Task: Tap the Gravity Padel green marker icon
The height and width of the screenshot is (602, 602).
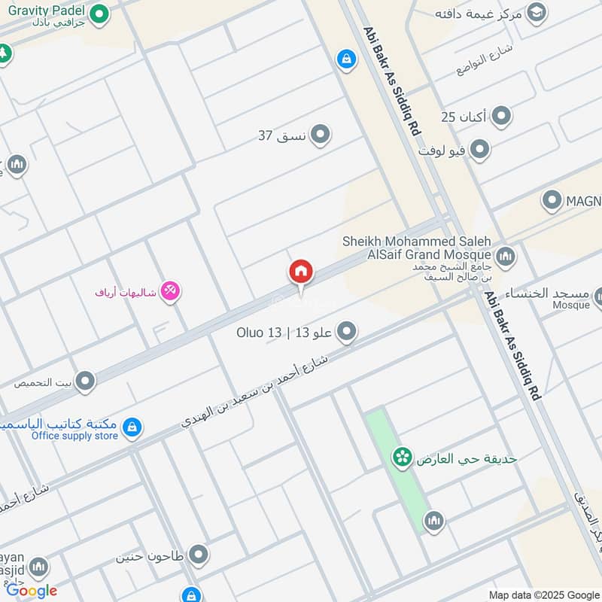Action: point(99,14)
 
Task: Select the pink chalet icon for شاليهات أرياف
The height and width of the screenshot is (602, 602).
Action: point(171,291)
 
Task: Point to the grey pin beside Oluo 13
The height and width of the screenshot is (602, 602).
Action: point(346,331)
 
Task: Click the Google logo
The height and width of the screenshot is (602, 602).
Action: point(32,591)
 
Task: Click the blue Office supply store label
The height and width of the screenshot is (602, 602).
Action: point(74,436)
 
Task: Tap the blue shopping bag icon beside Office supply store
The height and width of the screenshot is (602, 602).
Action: point(132,427)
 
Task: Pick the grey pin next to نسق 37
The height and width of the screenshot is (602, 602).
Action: point(321,135)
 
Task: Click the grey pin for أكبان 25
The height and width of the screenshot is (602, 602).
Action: point(501,117)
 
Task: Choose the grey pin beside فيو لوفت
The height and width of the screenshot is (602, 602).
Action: point(479,149)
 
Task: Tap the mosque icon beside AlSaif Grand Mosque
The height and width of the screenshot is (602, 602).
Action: point(506,256)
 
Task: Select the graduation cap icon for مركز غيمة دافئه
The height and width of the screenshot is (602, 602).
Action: point(536,12)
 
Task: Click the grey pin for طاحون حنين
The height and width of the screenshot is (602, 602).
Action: point(199,555)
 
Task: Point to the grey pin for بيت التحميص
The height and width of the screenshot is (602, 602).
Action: point(85,382)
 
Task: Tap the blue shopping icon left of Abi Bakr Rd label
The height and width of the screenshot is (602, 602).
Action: point(346,59)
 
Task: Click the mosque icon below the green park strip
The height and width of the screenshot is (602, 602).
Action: point(433,520)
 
